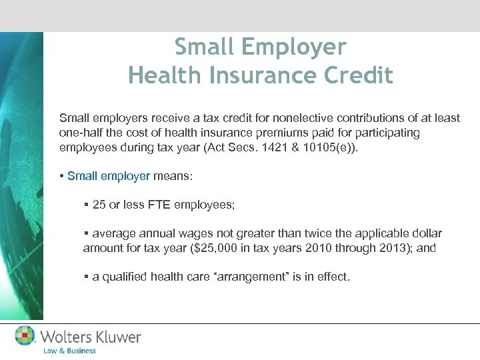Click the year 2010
[325, 248]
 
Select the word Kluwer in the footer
[118, 337]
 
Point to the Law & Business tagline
[69, 351]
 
